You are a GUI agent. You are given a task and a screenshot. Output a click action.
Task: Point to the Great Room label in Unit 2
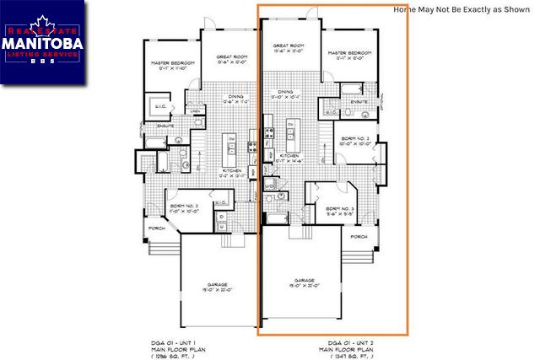290,48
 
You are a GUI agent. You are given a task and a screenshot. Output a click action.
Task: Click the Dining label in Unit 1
235,98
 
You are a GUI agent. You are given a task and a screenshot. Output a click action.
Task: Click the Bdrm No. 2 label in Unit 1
184,207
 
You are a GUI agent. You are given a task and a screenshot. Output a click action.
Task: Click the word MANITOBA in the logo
42,42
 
